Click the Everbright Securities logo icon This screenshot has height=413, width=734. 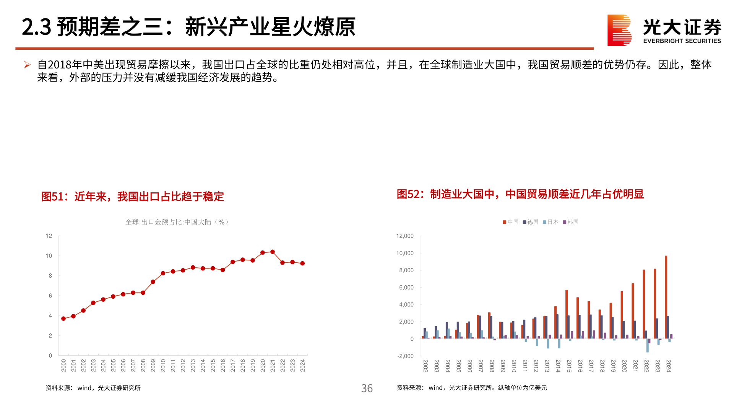(619, 30)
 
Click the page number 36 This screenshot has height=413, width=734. (367, 389)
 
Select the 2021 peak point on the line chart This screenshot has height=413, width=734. (273, 252)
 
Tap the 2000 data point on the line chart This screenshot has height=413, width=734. (63, 319)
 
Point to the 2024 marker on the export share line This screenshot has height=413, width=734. (302, 263)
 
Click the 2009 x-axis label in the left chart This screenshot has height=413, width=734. (153, 366)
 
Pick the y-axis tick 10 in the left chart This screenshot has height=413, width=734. (49, 256)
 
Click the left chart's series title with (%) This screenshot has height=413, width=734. (177, 222)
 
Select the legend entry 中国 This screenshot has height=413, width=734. (511, 222)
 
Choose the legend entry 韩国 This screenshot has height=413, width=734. (571, 222)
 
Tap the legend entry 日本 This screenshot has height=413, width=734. (551, 222)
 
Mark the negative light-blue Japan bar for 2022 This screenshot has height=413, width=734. (647, 346)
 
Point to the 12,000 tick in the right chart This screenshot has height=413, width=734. (405, 236)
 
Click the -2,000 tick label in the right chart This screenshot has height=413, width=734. (405, 356)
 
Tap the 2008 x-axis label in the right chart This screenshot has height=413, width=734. (492, 366)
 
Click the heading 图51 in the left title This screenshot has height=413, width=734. (52, 197)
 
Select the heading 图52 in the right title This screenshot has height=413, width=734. (408, 194)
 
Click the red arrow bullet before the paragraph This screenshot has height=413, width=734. (27, 65)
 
